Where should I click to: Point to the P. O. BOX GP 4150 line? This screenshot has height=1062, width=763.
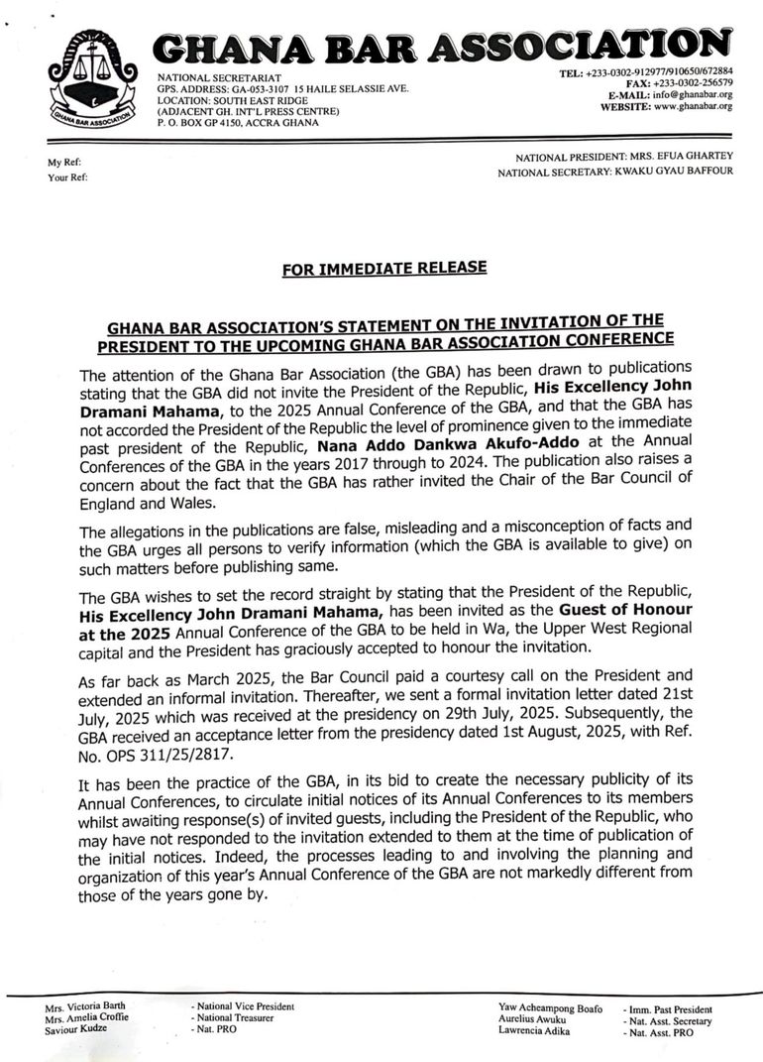click(x=238, y=123)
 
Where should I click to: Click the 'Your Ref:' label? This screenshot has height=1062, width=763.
click(x=67, y=177)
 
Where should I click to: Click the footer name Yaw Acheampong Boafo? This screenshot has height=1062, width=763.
click(x=550, y=1007)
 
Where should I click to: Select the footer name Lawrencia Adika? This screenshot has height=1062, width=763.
click(x=534, y=1031)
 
